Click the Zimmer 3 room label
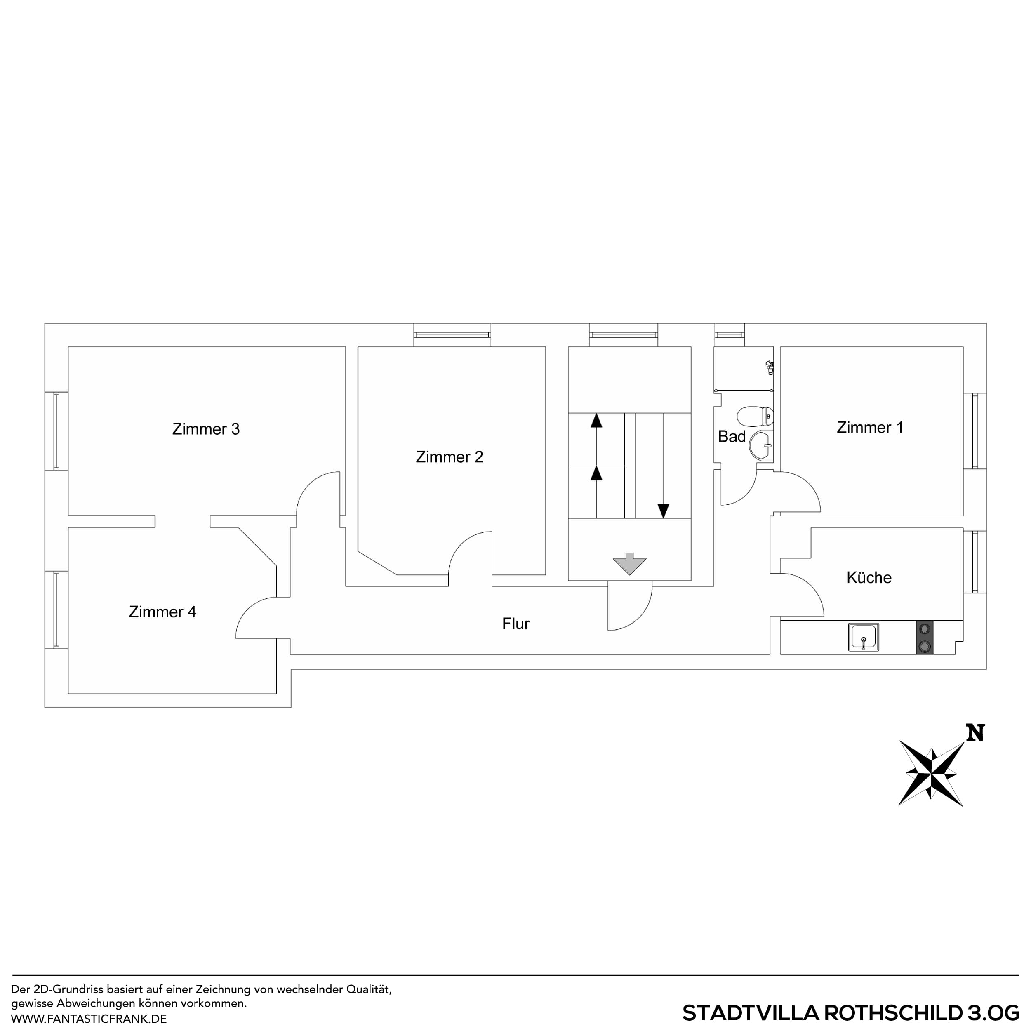[x=205, y=429]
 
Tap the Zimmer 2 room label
[x=450, y=457]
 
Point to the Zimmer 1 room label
[x=870, y=427]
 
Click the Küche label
[x=869, y=577]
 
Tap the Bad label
[x=732, y=436]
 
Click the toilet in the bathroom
[x=755, y=416]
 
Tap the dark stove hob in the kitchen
[x=925, y=637]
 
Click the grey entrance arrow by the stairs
[x=630, y=563]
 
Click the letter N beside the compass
[x=975, y=733]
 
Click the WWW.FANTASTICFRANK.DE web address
[x=89, y=1019]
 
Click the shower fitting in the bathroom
[x=770, y=367]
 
